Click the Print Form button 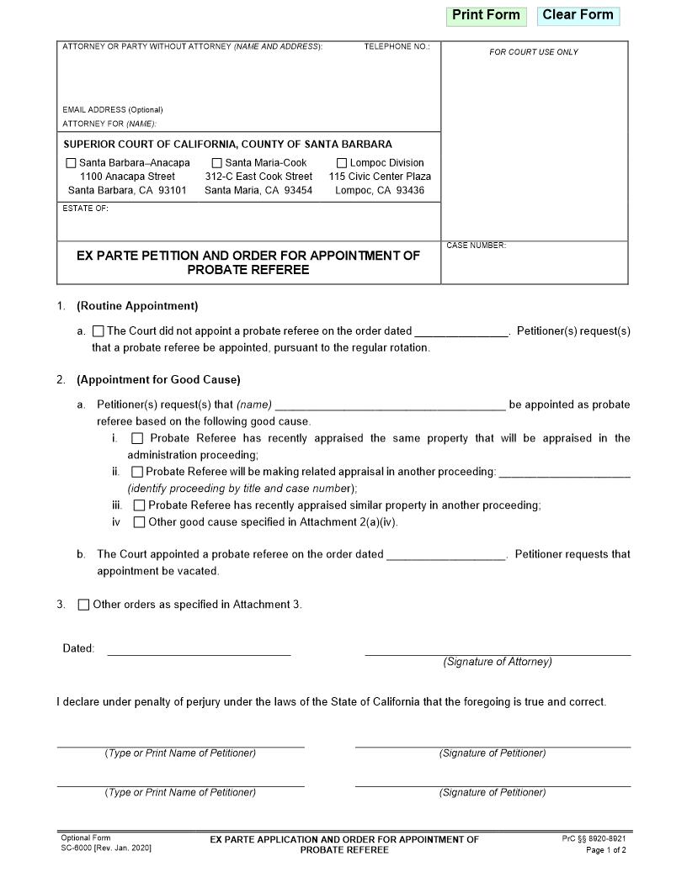[486, 15]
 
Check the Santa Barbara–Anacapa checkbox [71, 163]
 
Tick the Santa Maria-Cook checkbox [217, 163]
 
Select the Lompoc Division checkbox [342, 163]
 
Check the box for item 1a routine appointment [99, 331]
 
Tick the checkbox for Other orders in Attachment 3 [83, 605]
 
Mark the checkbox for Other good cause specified [139, 522]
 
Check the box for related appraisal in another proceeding [137, 472]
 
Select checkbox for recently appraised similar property [139, 505]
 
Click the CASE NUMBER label [476, 246]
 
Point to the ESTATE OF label [85, 209]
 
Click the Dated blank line [199, 648]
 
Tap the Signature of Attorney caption [498, 662]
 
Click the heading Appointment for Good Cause [158, 379]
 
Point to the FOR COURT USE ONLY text [534, 52]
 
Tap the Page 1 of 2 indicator [605, 850]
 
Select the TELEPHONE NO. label [397, 46]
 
